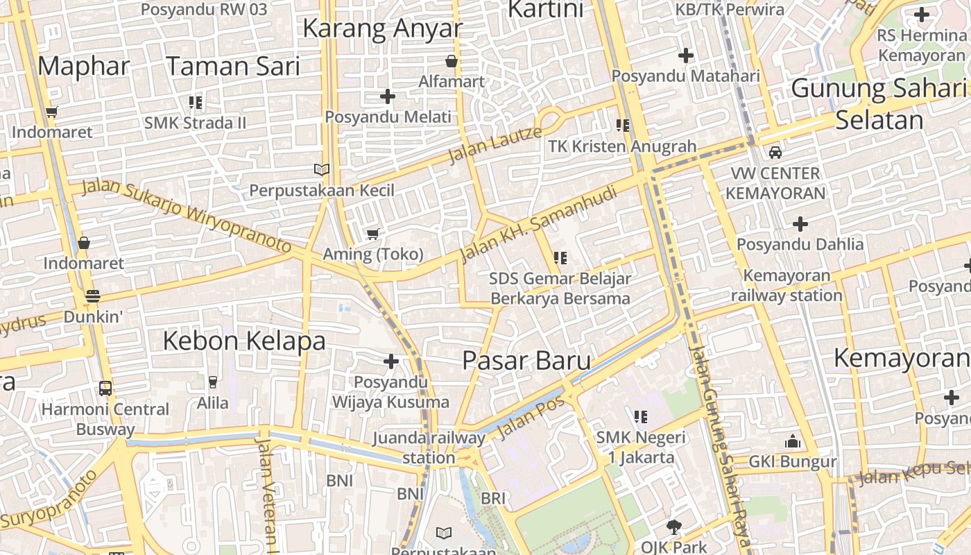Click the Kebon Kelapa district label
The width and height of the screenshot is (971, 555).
244,341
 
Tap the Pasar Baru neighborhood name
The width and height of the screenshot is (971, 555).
526,361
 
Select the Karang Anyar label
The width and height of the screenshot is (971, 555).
382,28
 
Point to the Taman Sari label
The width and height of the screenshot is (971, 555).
233,66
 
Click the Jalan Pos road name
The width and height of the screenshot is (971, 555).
531,418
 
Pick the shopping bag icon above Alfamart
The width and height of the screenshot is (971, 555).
452,61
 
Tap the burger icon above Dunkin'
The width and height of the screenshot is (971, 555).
93,296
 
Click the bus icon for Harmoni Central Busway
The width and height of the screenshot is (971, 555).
105,388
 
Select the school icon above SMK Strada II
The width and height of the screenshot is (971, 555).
196,103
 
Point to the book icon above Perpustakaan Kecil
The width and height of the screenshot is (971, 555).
321,169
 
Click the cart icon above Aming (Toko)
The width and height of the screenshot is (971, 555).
372,234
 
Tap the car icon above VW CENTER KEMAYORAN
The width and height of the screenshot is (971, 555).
775,152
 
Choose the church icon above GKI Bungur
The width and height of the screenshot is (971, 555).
793,441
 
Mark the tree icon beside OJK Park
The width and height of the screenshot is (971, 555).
673,527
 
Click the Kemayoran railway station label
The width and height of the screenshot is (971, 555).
787,285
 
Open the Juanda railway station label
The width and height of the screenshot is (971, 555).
429,447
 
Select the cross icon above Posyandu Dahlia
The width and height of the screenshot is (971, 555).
800,224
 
